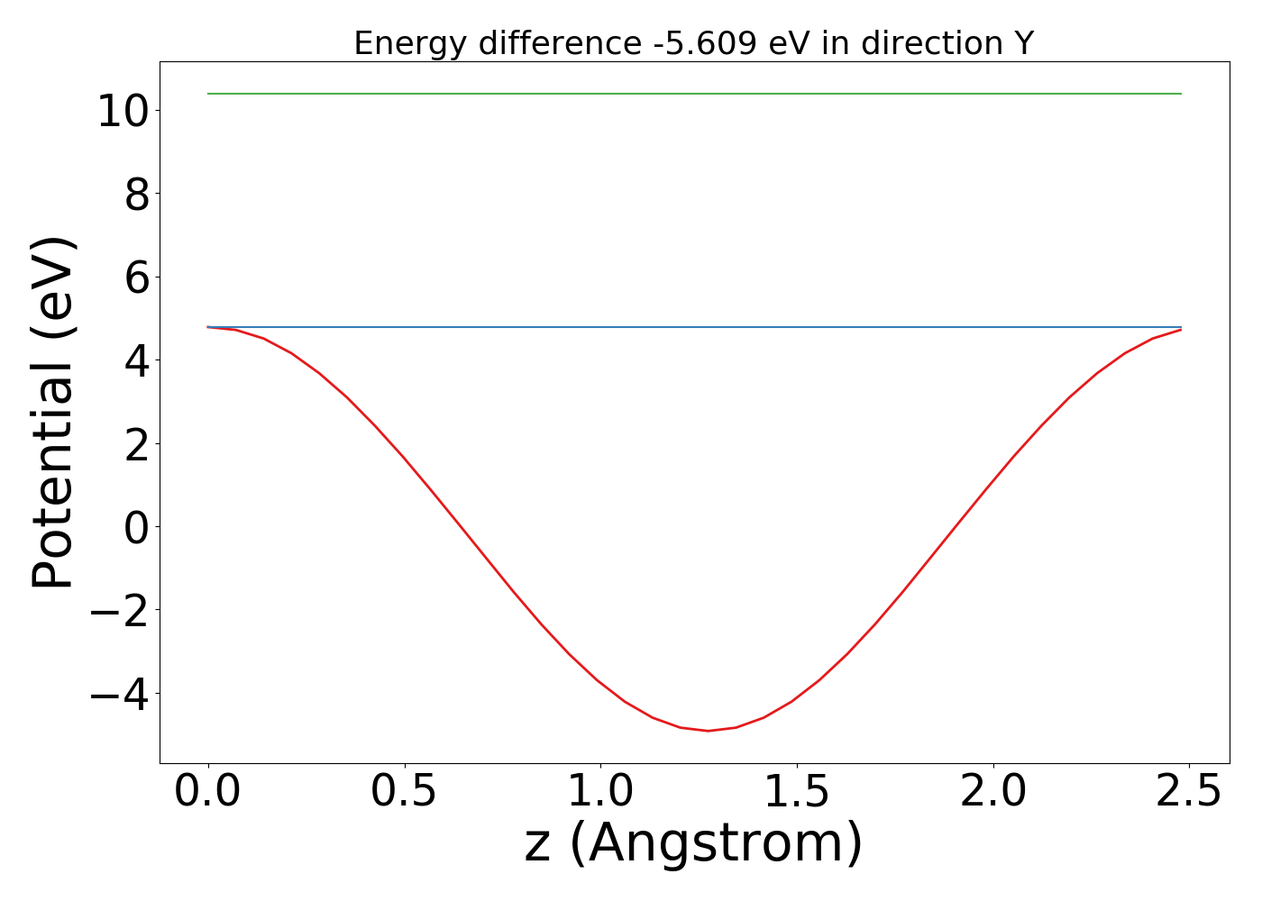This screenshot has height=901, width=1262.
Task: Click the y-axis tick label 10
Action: coord(123,112)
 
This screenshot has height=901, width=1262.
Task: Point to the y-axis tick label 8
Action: coord(136,195)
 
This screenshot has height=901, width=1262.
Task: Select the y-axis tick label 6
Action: coord(136,278)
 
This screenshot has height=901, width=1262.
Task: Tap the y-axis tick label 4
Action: coord(136,360)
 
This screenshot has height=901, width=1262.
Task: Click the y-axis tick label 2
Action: coord(136,444)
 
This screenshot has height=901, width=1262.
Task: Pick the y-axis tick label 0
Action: coord(136,527)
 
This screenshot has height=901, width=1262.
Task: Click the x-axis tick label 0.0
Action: coord(208,792)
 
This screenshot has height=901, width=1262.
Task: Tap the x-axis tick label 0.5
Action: coord(405,792)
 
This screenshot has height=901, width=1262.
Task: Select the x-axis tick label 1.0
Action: coord(600,792)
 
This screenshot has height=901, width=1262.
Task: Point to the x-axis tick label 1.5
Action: coord(797,792)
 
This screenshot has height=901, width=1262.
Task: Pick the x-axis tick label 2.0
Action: coord(992,792)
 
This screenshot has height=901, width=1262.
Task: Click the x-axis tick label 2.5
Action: coord(1189,792)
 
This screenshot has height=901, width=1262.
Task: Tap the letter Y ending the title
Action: coord(1023,43)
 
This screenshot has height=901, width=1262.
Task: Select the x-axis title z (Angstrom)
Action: coord(693,844)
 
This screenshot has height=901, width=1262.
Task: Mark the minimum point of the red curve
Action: coord(709,731)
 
